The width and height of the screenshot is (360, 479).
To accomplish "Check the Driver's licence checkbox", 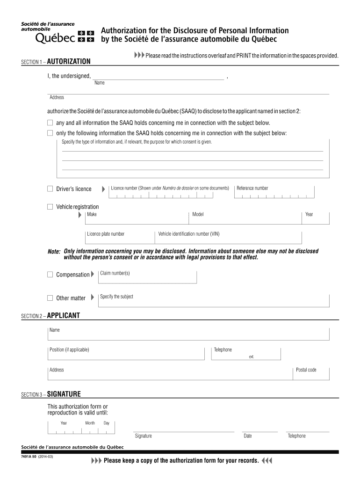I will (x=50, y=189).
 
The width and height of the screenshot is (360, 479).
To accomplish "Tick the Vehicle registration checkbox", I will (x=50, y=207).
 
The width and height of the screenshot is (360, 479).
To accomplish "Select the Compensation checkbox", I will (x=50, y=275).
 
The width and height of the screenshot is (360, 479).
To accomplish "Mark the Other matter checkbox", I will (x=50, y=298).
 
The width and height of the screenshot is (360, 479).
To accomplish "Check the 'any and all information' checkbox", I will (x=50, y=123).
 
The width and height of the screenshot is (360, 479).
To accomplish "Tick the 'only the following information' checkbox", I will (x=50, y=133).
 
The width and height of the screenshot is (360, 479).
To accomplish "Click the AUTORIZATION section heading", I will (x=69, y=61).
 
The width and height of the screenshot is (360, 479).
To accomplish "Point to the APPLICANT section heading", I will (x=64, y=315).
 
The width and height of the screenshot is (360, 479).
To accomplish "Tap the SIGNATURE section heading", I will (x=64, y=393).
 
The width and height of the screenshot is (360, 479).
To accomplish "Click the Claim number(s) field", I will (x=147, y=277).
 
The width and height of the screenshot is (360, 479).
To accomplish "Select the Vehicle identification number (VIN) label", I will (x=189, y=234).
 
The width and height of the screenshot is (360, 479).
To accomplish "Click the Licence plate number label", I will (x=106, y=234).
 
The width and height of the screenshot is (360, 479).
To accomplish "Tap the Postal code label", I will (x=306, y=370).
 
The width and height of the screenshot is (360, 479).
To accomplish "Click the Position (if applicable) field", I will (x=126, y=354).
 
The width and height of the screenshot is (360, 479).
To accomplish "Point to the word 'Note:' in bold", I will (x=54, y=252).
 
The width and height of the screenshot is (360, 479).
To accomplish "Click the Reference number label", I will (x=252, y=188).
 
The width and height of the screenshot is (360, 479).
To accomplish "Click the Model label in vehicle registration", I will (x=198, y=214).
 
